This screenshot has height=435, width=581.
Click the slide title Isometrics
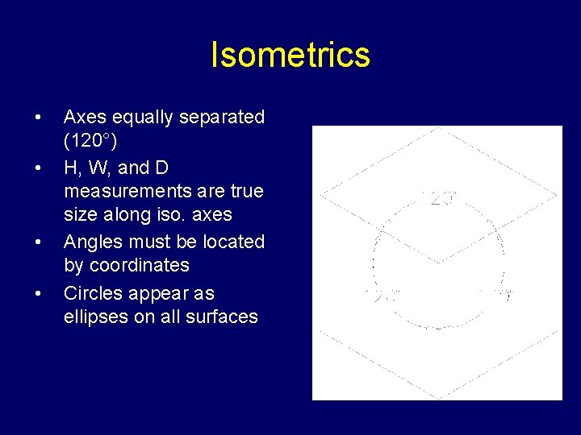[x=290, y=56]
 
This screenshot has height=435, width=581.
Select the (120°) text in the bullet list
[x=90, y=142]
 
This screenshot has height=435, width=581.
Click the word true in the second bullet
[x=246, y=192]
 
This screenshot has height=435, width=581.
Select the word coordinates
[x=140, y=266]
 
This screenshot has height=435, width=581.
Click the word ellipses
[x=95, y=317]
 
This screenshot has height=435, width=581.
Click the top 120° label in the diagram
[x=439, y=198]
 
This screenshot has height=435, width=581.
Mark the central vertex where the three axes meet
[x=438, y=263]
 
